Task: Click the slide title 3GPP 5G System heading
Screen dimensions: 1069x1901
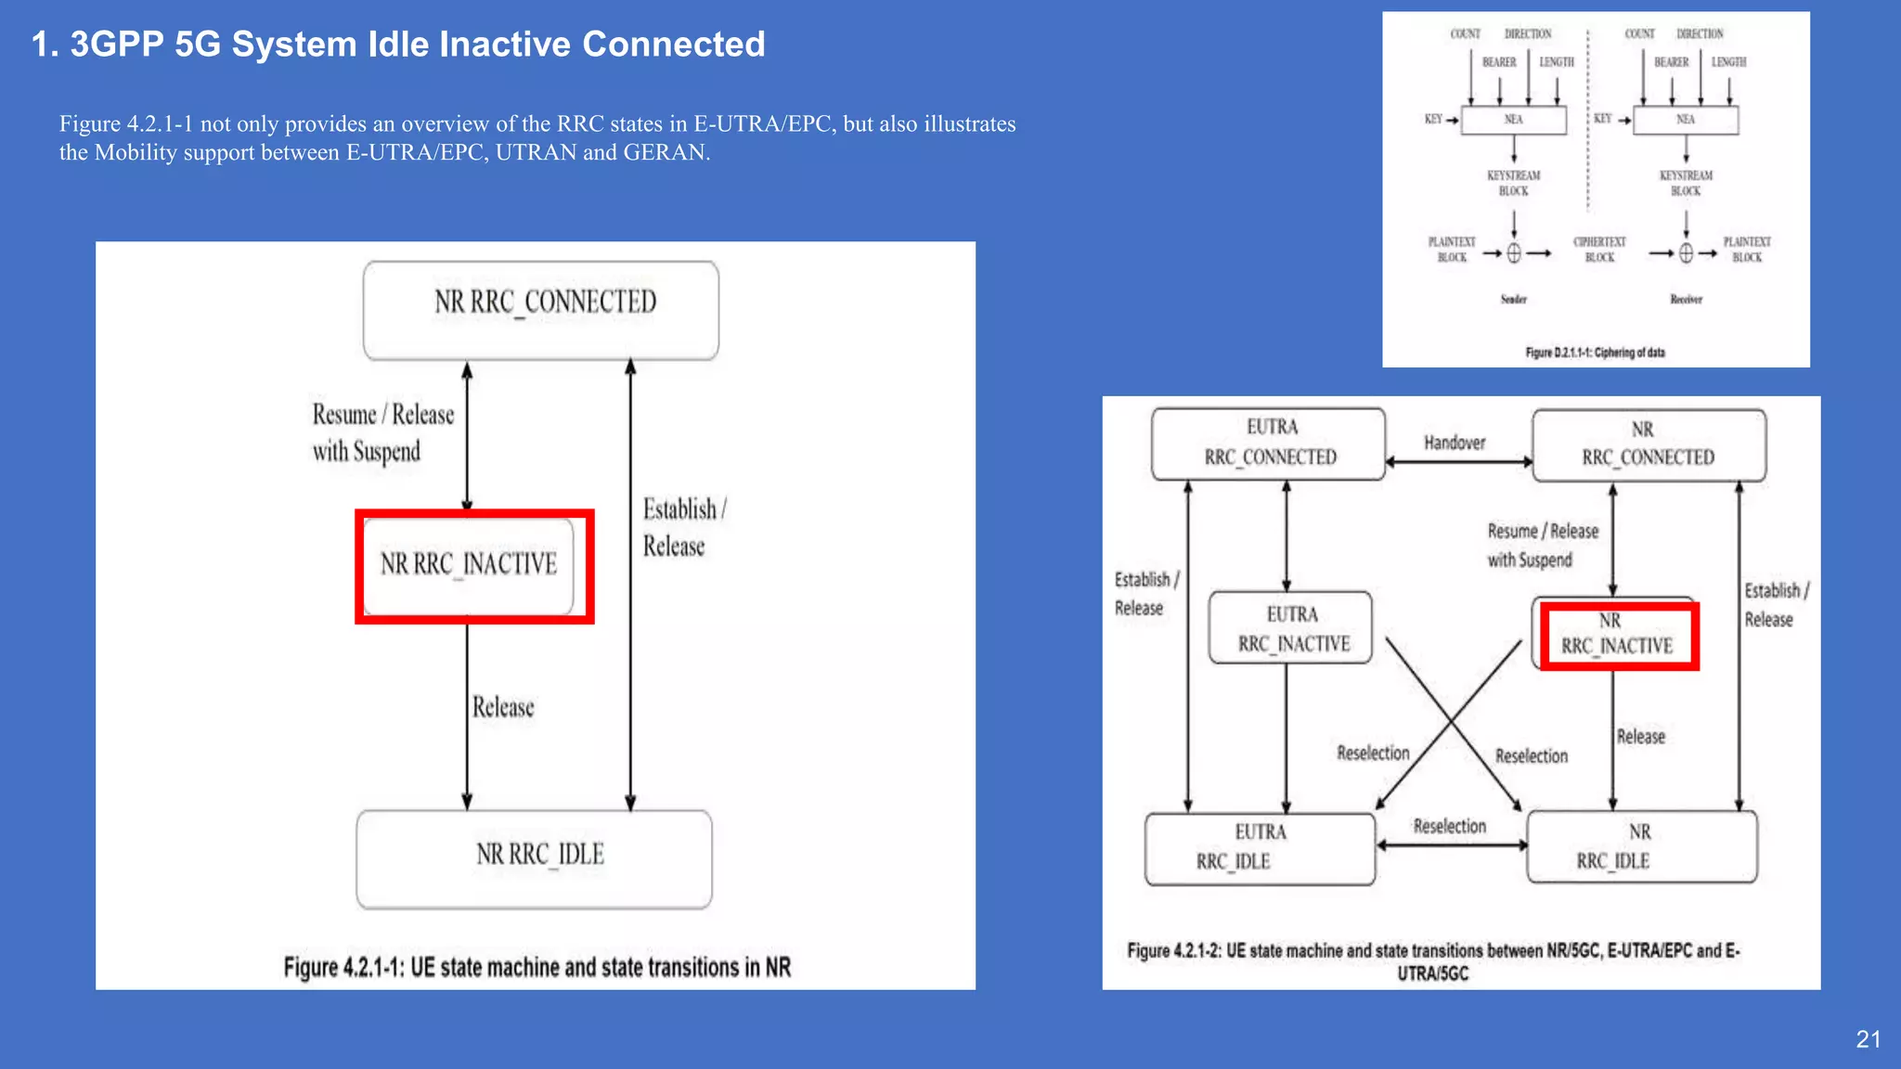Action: [398, 45]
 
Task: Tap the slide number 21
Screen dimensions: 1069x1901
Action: [1868, 1039]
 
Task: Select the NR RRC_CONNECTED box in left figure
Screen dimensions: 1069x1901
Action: [541, 310]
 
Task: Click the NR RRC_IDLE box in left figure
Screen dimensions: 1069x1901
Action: [535, 859]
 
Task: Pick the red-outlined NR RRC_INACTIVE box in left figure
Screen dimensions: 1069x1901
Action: [473, 566]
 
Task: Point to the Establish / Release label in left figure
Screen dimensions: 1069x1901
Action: [683, 527]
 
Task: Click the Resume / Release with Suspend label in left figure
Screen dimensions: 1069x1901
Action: [381, 432]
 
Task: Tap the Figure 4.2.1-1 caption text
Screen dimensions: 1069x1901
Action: [537, 967]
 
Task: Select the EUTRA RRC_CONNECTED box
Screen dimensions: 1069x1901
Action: [1268, 444]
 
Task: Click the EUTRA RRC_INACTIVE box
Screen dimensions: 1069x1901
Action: [1290, 628]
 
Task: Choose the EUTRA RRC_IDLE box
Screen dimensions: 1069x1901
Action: [1260, 848]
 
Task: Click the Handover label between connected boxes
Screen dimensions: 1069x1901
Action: [1455, 443]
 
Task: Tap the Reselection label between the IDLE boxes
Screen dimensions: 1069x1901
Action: [1449, 826]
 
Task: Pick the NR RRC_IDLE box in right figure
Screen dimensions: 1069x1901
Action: [1641, 846]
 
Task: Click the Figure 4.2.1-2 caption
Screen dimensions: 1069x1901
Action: [1433, 960]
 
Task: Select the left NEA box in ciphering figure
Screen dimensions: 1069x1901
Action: [1513, 120]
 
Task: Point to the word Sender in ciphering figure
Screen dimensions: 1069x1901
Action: [1513, 299]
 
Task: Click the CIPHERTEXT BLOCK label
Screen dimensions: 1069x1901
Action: [1599, 250]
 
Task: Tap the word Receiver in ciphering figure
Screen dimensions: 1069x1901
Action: [1686, 299]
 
